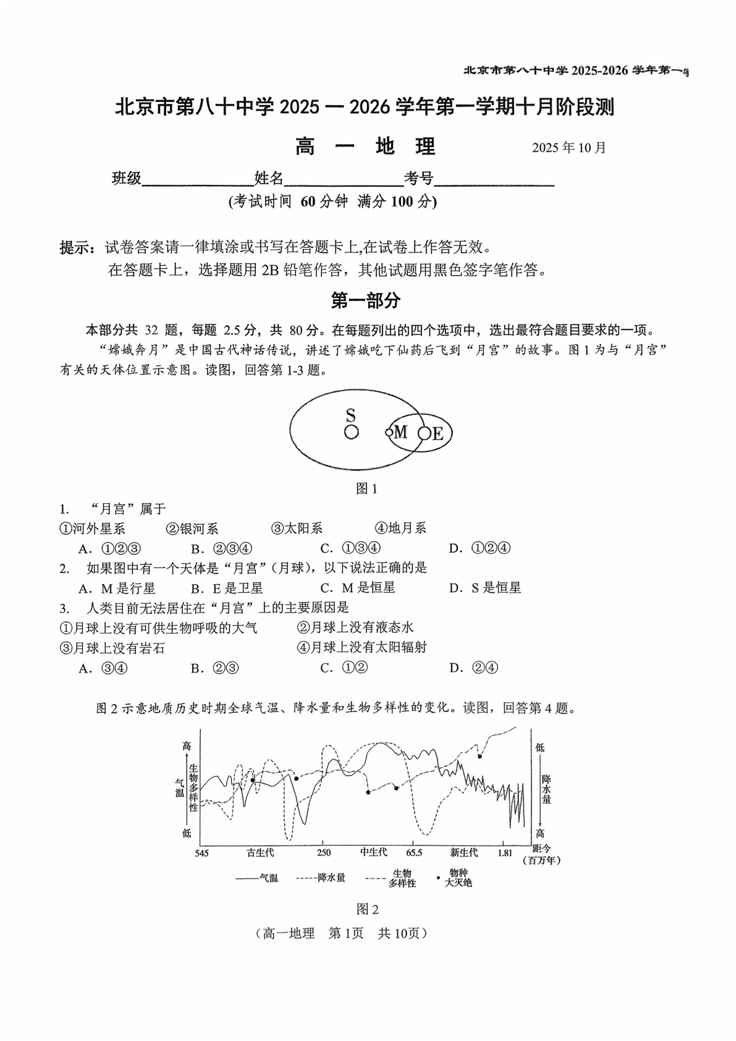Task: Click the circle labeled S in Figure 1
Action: coord(351,432)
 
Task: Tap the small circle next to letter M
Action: coord(389,433)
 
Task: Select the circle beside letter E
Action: coord(424,433)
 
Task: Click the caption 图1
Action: coord(366,489)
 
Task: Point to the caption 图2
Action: coord(367,909)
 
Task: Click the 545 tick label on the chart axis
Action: coord(201,854)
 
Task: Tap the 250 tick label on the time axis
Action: coord(323,853)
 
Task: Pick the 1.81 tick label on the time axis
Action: coord(505,853)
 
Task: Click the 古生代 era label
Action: coord(260,853)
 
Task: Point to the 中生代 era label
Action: coord(373,852)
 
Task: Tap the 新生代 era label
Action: coord(463,853)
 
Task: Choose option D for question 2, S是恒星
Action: coord(485,588)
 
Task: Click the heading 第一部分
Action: coord(366,301)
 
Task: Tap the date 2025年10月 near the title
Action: coord(569,148)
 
